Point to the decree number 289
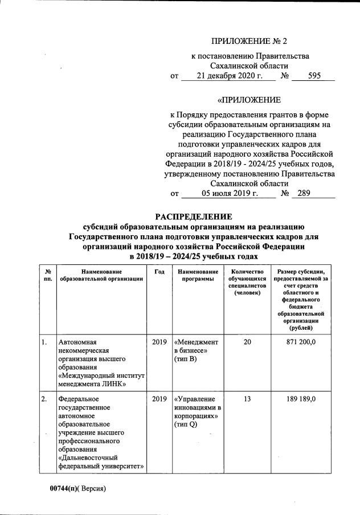(x=304, y=194)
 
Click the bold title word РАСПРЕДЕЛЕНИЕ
(x=194, y=216)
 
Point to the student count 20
(x=247, y=342)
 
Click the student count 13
(x=247, y=399)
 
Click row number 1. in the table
(x=44, y=342)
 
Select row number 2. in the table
(x=44, y=399)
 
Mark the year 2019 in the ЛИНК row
(x=159, y=342)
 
